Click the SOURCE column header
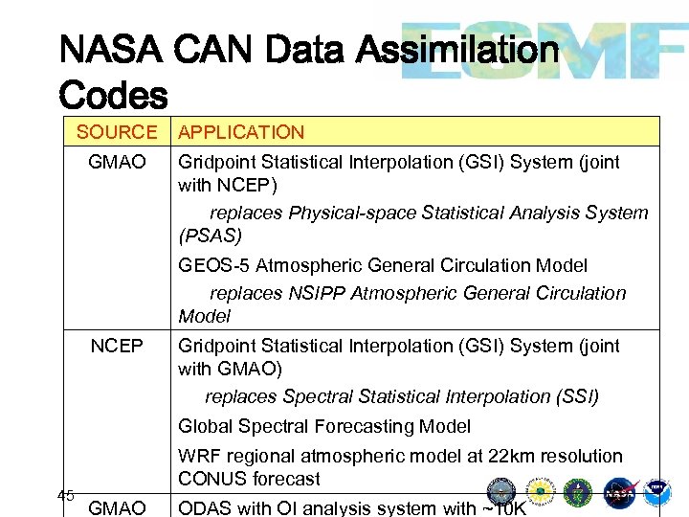coord(116,132)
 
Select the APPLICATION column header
coord(241,132)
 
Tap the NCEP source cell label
coord(117,346)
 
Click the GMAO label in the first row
coord(117,163)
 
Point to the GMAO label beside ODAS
coord(117,507)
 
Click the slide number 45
coord(66,495)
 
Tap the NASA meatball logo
coord(619,493)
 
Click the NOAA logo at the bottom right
coord(657,492)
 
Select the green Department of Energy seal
coord(578,493)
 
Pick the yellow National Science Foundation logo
coord(540,493)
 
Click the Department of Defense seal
coord(501,492)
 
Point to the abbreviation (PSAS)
coord(211,236)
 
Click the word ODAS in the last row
coord(205,507)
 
